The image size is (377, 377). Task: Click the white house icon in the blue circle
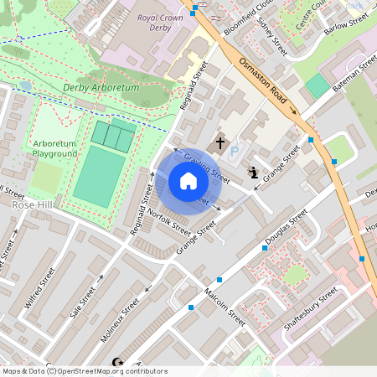click(188, 181)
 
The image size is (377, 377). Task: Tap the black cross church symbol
click(221, 143)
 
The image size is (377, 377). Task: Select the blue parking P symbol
click(235, 152)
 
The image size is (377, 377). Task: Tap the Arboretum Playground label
click(54, 148)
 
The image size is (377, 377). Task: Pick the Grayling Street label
click(206, 168)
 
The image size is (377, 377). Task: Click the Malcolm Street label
click(224, 307)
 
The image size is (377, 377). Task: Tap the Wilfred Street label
click(39, 287)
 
